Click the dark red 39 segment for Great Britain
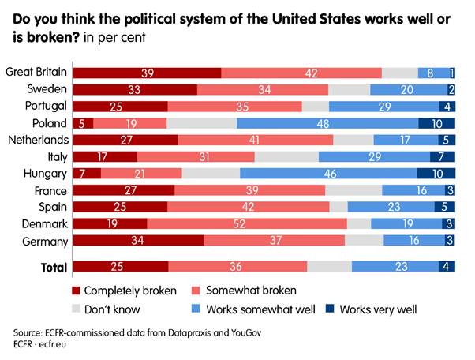pyautogui.click(x=147, y=73)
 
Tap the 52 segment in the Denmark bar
pyautogui.click(x=247, y=223)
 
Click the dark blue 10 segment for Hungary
pyautogui.click(x=436, y=173)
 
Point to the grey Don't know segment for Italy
pyautogui.click(x=286, y=157)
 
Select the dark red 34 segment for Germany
pyautogui.click(x=138, y=240)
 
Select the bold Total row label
pyautogui.click(x=54, y=268)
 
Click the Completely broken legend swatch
pyautogui.click(x=76, y=290)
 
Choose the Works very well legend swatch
pyautogui.click(x=331, y=309)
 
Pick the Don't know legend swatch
pyautogui.click(x=76, y=309)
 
